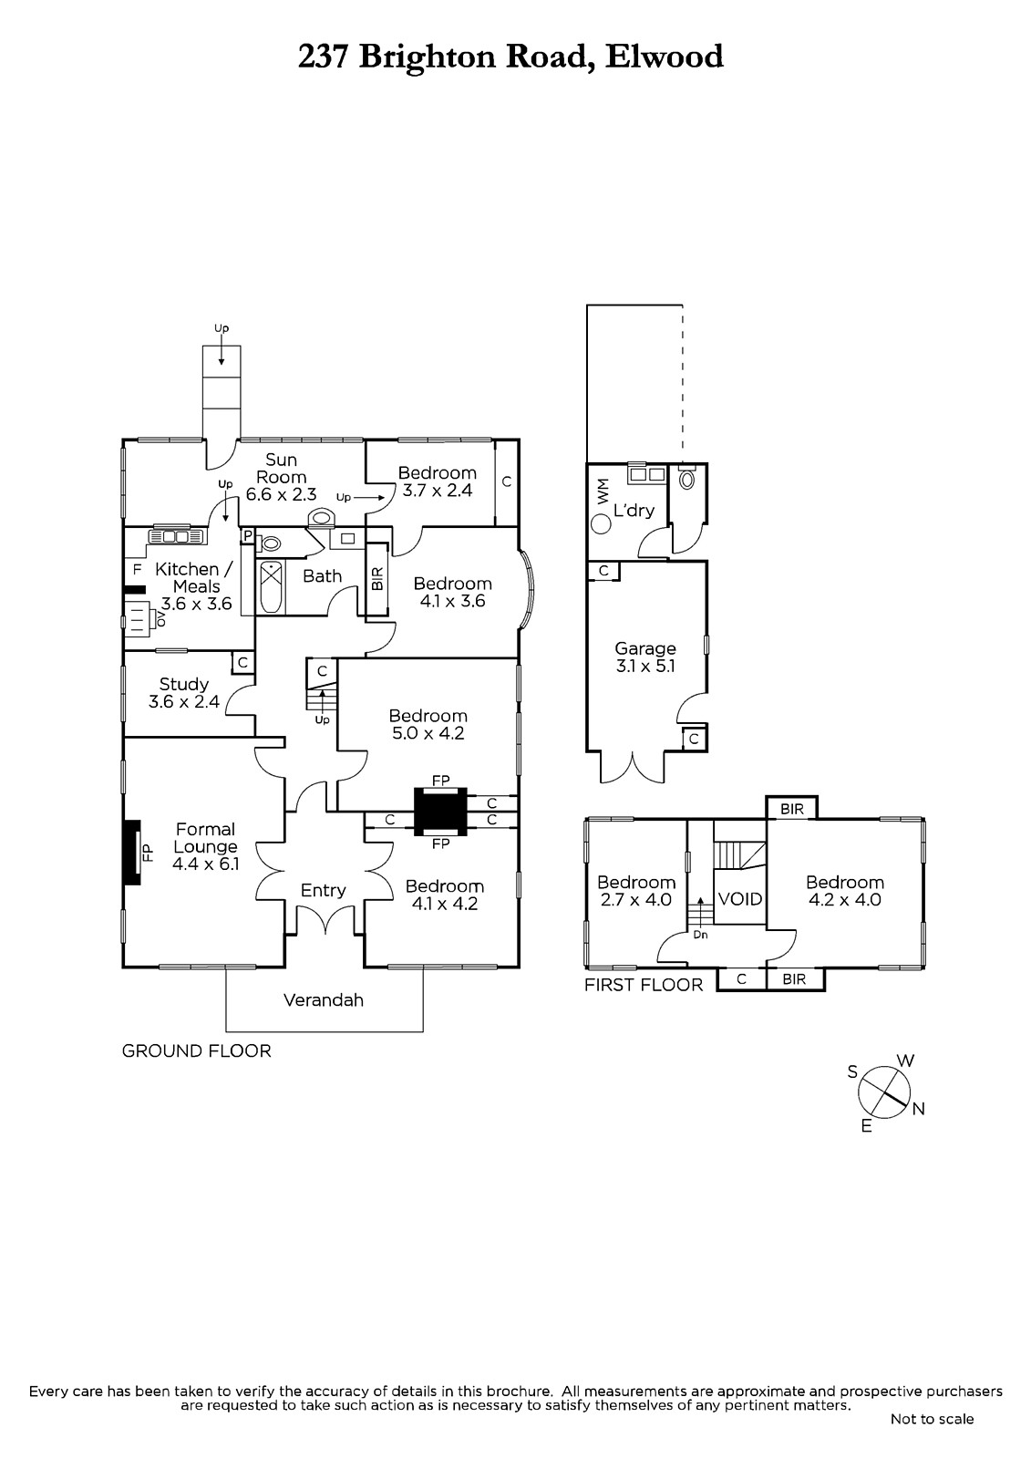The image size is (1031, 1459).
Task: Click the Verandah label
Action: click(x=324, y=1000)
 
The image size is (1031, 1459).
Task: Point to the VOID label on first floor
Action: click(x=739, y=899)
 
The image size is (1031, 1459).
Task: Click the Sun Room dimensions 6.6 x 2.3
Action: click(x=281, y=495)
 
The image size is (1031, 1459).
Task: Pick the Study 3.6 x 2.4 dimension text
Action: click(x=184, y=702)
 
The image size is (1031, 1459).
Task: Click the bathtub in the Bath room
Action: click(x=271, y=588)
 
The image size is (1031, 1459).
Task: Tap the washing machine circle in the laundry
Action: click(x=602, y=524)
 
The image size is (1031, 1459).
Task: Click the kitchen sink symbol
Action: click(x=169, y=536)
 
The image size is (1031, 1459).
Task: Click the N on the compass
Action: click(x=919, y=1109)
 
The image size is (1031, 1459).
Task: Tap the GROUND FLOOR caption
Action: click(x=197, y=1051)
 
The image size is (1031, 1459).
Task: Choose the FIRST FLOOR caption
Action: click(x=644, y=985)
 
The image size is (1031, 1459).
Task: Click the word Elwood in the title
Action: click(x=665, y=57)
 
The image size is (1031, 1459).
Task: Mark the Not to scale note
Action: click(x=932, y=1419)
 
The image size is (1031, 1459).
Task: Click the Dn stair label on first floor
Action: click(x=700, y=935)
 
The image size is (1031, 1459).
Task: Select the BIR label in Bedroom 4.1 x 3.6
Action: click(x=377, y=579)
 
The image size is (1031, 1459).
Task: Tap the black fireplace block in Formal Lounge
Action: click(x=133, y=852)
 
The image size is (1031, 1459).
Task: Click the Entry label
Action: click(x=324, y=890)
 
